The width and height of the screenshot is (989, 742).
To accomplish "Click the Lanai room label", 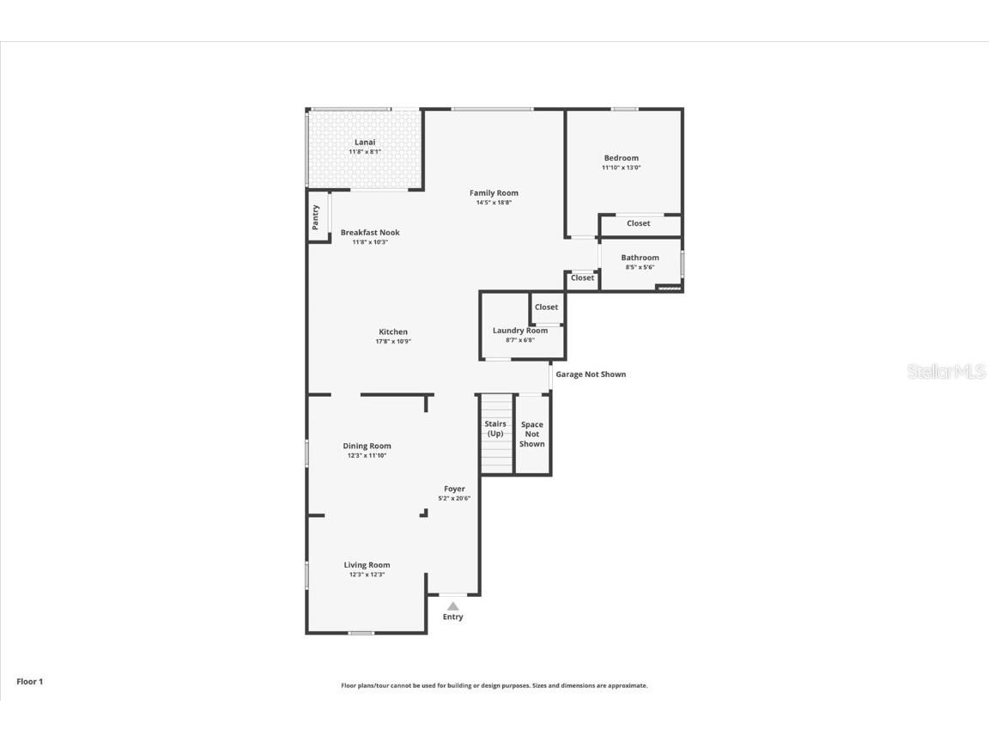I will [365, 143].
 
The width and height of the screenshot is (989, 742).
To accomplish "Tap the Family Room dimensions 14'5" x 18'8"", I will [494, 203].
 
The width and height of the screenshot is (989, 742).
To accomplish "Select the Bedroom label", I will [621, 158].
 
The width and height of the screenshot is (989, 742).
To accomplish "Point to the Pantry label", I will [316, 216].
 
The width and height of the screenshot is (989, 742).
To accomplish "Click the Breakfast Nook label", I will [370, 233].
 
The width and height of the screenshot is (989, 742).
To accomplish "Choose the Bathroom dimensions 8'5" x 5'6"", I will [640, 267].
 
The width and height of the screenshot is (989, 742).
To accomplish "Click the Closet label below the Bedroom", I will [638, 223].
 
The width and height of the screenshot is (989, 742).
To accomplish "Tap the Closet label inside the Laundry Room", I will [546, 307].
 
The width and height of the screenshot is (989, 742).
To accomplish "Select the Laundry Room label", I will [519, 331].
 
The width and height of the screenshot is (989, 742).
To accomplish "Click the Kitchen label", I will [393, 332].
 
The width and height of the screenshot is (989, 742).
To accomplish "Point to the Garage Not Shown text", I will [591, 374].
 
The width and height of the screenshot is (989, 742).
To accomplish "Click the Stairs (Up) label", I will [495, 429].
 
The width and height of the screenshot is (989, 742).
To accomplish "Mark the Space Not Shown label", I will [532, 434].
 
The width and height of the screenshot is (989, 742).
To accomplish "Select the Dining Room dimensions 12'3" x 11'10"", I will [367, 456].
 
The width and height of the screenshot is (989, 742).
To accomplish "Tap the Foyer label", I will [454, 490].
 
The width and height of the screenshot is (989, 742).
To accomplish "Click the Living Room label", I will [367, 565].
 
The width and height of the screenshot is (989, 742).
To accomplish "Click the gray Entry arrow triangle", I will [452, 606].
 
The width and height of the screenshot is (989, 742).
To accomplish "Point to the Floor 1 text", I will [29, 682].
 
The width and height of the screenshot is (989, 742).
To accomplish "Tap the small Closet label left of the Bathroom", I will [582, 278].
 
